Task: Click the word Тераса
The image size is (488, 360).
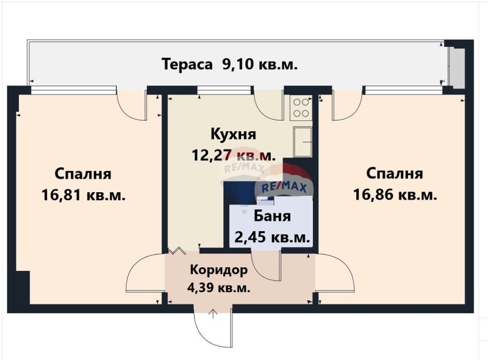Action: coord(187,65)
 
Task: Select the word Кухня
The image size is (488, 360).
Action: coord(234,134)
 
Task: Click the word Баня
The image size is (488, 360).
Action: coord(272,216)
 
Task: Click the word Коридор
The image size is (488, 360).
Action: coord(219,270)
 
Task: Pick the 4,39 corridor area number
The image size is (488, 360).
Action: coord(201,288)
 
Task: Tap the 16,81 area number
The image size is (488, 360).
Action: coord(62,196)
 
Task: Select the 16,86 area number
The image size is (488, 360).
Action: coord(373,196)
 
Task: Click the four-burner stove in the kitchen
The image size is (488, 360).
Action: coord(301,107)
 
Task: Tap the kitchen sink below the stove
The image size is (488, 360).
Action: coord(303,142)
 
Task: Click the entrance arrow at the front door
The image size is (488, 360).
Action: coord(213,314)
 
